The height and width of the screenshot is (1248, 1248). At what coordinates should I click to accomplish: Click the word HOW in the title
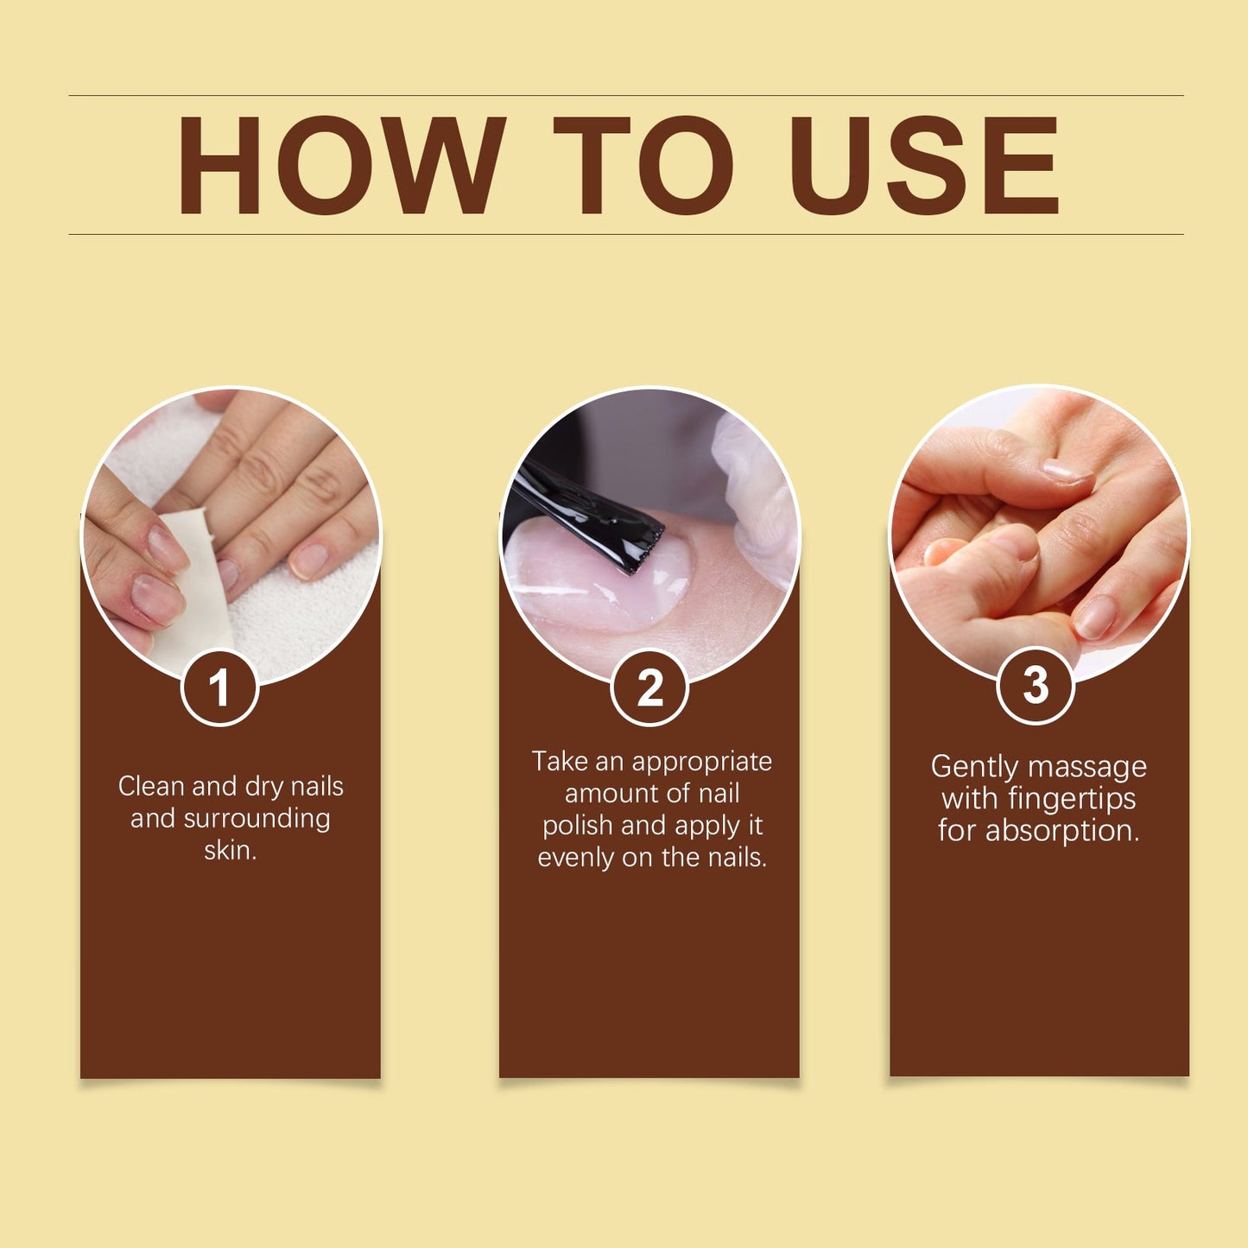point(341,165)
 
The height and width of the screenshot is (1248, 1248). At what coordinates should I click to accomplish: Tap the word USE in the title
point(924,165)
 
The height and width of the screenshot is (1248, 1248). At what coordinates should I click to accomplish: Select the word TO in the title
point(643,165)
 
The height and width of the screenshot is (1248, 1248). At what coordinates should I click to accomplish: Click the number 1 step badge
point(219,688)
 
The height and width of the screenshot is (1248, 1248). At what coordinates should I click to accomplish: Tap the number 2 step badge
point(649,688)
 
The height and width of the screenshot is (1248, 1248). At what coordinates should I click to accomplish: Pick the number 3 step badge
point(1036,686)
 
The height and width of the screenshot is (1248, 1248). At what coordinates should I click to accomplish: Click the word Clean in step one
point(151,786)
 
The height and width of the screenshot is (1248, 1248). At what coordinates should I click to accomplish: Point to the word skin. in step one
point(231,851)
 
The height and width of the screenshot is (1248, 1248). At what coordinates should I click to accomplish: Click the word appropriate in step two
point(701,763)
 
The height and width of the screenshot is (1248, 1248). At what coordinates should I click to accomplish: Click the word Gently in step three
point(974,768)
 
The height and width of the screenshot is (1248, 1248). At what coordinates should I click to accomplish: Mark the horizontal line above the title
point(625,95)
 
